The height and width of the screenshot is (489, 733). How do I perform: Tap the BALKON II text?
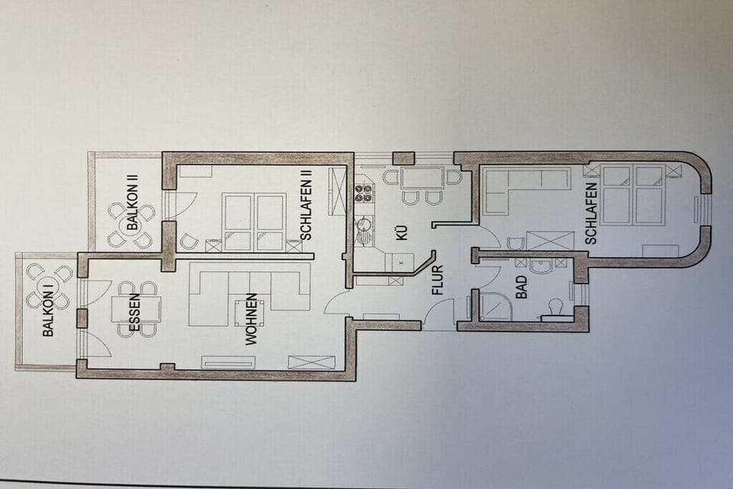[133, 206]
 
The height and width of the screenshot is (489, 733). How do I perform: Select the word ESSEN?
[134, 313]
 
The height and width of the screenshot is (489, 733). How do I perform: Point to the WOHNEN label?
[251, 319]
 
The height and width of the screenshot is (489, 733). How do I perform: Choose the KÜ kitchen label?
[402, 232]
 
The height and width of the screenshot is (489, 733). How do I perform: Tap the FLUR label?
[438, 280]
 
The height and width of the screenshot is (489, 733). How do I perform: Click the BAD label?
[521, 287]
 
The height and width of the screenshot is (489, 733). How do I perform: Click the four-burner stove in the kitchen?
[363, 194]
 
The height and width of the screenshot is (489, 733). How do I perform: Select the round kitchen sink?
[362, 228]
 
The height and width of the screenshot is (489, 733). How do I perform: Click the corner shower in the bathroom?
[496, 307]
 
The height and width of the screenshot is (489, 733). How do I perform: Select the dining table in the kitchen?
[422, 178]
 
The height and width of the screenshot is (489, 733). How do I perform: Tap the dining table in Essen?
[136, 309]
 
